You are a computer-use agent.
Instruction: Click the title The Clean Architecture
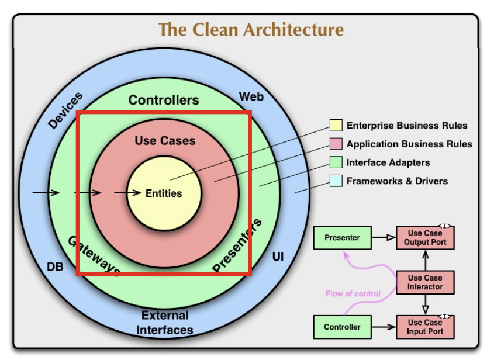[251, 29]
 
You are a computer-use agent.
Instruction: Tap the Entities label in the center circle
[164, 193]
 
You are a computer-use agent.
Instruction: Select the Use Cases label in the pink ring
[165, 141]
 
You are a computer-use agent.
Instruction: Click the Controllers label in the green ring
[164, 101]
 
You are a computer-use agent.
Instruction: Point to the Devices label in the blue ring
[65, 110]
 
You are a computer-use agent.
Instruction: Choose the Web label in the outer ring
[251, 96]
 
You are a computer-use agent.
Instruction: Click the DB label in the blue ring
[55, 267]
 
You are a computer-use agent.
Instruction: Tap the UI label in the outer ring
[278, 257]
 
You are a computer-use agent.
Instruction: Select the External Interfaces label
[165, 323]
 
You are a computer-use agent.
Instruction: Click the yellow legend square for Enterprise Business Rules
[336, 126]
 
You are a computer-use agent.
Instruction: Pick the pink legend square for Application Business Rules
[336, 144]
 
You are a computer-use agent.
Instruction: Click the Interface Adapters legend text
[388, 162]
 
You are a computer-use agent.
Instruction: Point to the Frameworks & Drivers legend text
[397, 181]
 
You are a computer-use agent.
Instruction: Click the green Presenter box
[342, 238]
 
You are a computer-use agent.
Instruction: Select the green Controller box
[342, 327]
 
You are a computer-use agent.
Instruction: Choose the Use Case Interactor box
[425, 282]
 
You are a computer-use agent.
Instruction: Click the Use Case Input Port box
[425, 327]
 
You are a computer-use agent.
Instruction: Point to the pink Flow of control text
[353, 293]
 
